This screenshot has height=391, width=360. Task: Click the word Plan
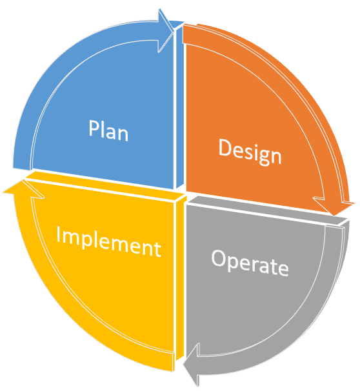108,130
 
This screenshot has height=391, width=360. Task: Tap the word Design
250,152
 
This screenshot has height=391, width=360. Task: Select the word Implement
108,241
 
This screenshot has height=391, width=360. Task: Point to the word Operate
250,263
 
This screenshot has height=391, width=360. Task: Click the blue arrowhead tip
174,30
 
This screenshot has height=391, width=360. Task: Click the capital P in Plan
94,128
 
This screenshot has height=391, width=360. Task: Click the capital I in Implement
59,234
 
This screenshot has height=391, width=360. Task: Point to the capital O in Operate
219,258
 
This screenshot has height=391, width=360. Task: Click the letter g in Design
265,157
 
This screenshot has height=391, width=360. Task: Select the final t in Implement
157,248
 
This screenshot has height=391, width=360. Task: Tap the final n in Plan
123,135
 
